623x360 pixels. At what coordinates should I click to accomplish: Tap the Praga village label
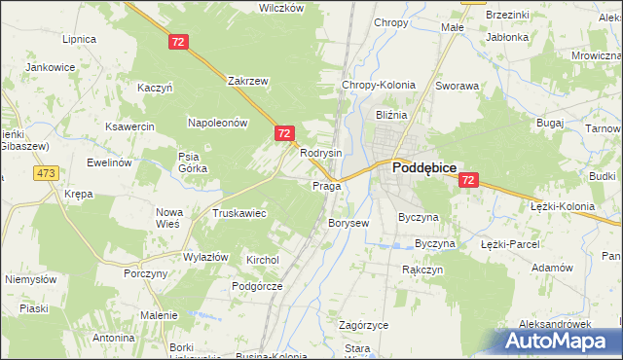tap(325, 186)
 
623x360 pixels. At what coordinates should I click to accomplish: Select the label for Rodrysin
tap(320, 154)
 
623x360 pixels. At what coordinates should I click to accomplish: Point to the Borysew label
tap(348, 223)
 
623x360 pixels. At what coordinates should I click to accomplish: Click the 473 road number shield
tap(46, 173)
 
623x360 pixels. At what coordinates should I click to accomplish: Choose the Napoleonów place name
tap(219, 123)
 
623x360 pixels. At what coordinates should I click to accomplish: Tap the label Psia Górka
tap(191, 162)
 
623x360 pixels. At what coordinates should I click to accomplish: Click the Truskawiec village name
tap(239, 213)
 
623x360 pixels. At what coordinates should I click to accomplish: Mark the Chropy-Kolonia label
tap(378, 85)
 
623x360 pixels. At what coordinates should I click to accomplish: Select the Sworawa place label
tap(458, 86)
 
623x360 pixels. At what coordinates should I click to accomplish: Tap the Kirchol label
tap(263, 261)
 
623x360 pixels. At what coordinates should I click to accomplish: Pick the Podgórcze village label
tap(257, 286)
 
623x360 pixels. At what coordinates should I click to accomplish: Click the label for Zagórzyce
tap(364, 325)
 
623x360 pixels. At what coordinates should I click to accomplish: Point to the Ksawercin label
tap(130, 127)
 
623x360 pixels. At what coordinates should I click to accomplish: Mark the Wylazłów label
tap(205, 257)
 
